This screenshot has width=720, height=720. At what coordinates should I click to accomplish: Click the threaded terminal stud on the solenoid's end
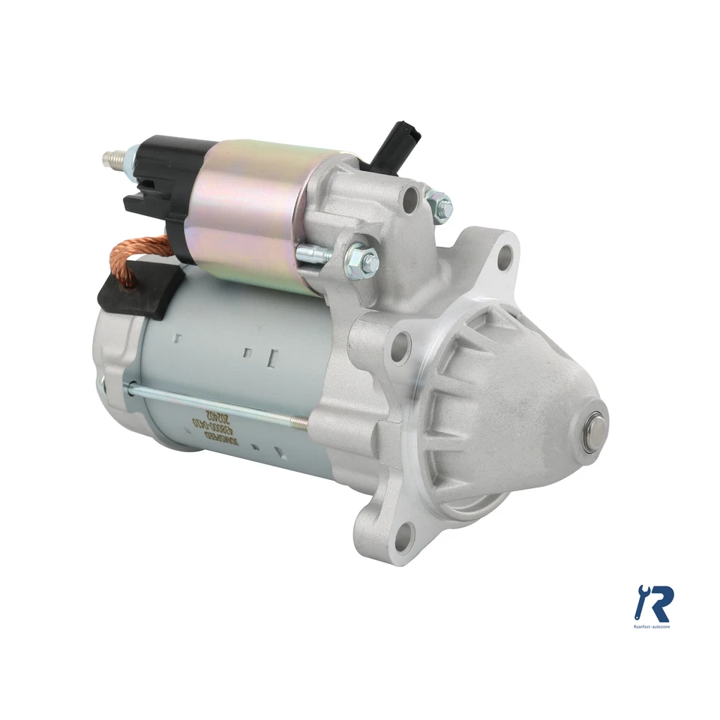[113, 158]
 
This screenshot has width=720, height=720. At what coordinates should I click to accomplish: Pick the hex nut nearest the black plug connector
[438, 204]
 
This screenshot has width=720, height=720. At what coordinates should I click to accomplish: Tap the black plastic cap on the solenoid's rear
[169, 180]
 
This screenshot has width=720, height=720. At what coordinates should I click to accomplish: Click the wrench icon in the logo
[642, 598]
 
